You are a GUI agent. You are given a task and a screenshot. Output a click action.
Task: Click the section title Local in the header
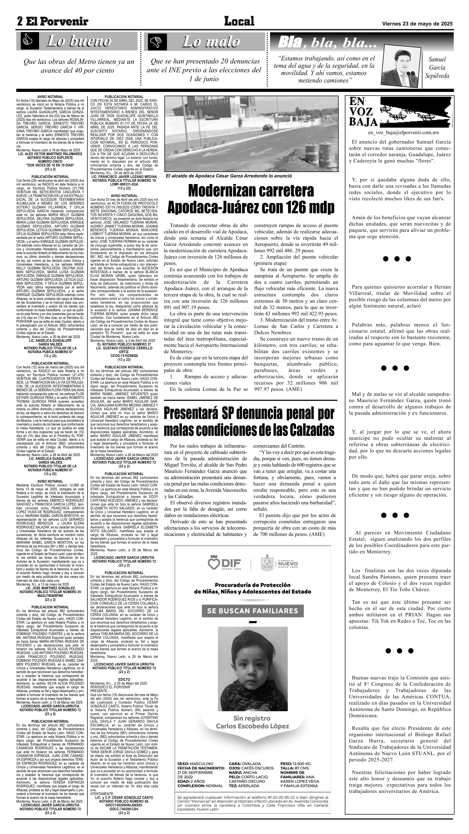(239, 21)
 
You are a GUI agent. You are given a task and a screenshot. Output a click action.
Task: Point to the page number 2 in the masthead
(20, 22)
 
